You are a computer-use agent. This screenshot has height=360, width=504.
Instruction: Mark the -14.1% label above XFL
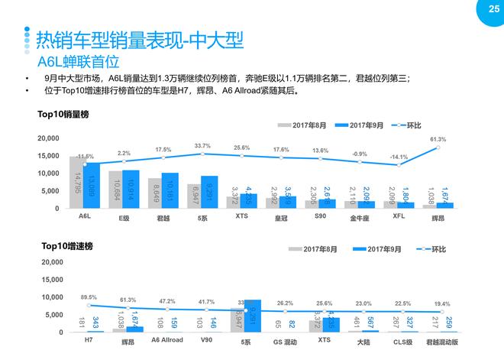click(x=399, y=157)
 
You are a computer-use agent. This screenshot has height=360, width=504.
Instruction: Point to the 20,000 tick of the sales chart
click(x=47, y=138)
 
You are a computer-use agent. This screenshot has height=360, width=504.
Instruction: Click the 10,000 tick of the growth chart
click(x=47, y=297)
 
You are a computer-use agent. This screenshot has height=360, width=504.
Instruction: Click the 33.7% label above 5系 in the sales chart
click(x=202, y=146)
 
